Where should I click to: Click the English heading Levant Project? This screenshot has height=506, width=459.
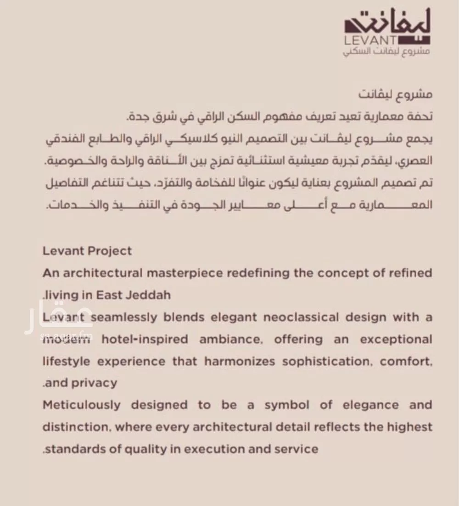pos(87,251)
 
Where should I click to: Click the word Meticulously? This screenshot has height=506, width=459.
pos(82,405)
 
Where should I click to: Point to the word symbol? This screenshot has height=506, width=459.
pos(286,405)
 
